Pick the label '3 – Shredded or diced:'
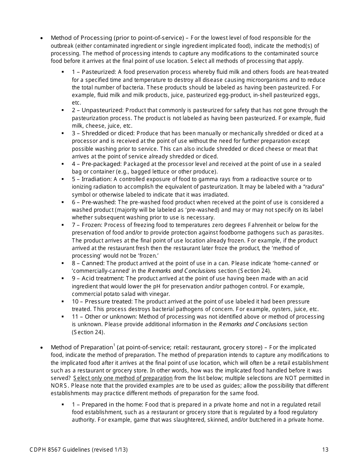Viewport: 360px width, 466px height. [103, 133]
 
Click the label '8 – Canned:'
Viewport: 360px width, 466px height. [88, 263]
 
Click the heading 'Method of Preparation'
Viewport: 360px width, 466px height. [81, 347]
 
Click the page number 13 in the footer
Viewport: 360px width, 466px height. [325, 450]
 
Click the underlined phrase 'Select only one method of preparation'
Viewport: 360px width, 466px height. [123, 378]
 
